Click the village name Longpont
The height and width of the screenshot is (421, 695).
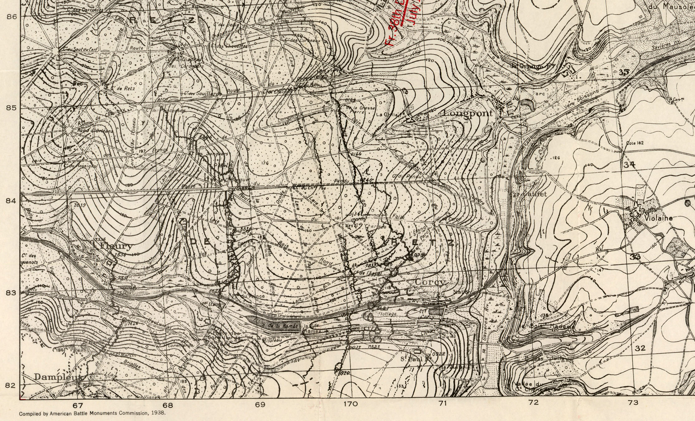pyautogui.click(x=468, y=113)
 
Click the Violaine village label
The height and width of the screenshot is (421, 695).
pyautogui.click(x=658, y=218)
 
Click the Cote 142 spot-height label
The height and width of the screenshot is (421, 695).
pyautogui.click(x=635, y=143)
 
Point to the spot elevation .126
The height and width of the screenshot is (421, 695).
pyautogui.click(x=555, y=158)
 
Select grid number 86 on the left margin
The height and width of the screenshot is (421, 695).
pyautogui.click(x=12, y=17)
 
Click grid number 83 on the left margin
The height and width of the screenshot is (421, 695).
pyautogui.click(x=12, y=292)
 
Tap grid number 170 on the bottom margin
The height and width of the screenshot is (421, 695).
pyautogui.click(x=351, y=404)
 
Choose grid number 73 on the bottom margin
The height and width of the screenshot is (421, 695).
pyautogui.click(x=633, y=403)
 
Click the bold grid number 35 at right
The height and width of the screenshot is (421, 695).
pyautogui.click(x=624, y=72)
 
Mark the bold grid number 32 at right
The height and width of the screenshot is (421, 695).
pyautogui.click(x=640, y=348)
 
